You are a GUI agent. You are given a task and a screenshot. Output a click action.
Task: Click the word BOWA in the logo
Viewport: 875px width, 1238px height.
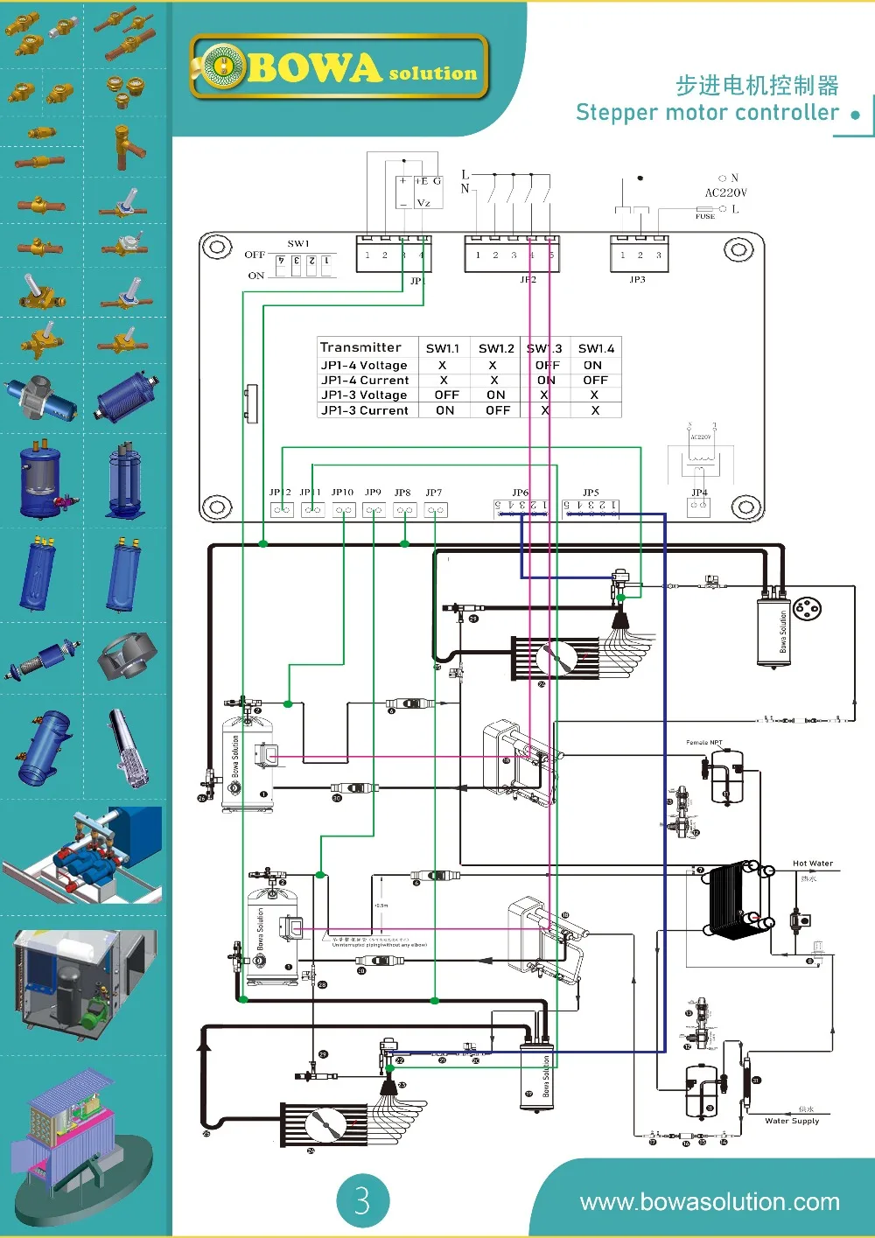pos(314,68)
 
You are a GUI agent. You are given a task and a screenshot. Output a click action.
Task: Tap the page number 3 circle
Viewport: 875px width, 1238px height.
pos(362,1200)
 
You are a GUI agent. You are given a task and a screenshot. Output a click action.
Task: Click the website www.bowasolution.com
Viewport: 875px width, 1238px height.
pos(710,1202)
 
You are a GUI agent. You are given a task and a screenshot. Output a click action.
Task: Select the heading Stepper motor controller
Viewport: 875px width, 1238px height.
pos(707,113)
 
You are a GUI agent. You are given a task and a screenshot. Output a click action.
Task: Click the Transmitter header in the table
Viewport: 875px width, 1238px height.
pos(360,347)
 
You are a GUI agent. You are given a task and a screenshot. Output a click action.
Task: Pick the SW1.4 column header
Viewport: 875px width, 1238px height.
pos(596,348)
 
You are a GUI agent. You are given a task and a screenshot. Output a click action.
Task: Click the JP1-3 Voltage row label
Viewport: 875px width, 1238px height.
pos(364,395)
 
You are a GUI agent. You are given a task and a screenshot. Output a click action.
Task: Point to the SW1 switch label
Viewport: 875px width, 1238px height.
pos(298,243)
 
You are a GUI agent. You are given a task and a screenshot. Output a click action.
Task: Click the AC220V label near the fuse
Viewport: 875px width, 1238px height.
pos(726,192)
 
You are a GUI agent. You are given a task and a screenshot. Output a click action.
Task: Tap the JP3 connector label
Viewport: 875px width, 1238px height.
pos(637,280)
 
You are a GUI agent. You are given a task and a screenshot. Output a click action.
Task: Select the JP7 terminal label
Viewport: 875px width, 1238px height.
pos(434,493)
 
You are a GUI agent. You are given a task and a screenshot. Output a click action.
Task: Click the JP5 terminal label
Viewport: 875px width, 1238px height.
pos(591,493)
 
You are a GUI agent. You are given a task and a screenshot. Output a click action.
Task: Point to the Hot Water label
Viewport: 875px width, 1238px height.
pos(812,864)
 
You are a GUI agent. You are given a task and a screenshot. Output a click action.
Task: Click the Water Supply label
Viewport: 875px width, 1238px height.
pos(792,1121)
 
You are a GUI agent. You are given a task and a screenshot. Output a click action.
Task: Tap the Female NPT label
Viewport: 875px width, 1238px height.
pos(704,742)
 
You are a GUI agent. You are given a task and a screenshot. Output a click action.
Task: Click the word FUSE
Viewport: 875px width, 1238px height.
pos(705,216)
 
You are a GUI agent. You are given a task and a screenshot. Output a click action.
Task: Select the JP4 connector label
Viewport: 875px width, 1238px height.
pos(699,493)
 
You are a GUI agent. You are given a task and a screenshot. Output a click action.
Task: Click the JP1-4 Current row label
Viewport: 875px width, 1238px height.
pos(365,381)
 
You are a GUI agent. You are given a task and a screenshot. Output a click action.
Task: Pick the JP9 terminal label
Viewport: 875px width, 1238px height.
pos(374,493)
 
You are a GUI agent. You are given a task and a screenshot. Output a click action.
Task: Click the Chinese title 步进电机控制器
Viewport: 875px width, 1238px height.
pos(757,86)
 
